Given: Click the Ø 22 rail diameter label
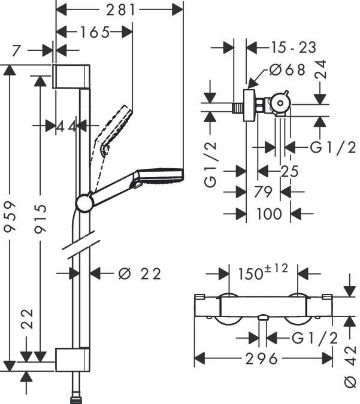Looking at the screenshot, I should tap(140, 274).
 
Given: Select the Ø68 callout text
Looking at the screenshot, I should tap(288, 70).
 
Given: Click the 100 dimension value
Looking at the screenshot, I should tap(268, 213).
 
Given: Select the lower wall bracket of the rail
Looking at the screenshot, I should tap(71, 360).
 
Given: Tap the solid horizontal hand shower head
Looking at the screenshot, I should tap(159, 177).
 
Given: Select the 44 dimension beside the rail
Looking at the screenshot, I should tap(66, 126).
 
